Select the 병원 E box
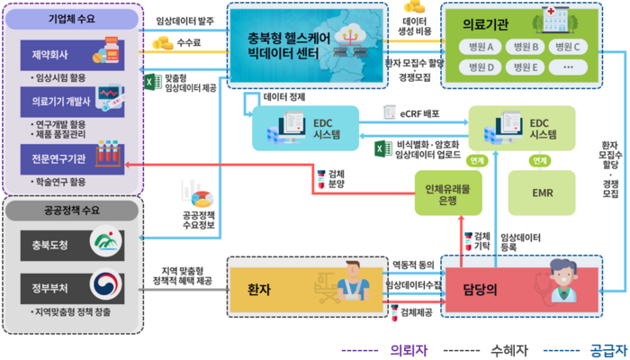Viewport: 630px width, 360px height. click(x=521, y=67)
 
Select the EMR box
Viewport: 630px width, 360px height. click(x=542, y=193)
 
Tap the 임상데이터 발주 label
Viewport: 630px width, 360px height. click(x=184, y=20)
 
